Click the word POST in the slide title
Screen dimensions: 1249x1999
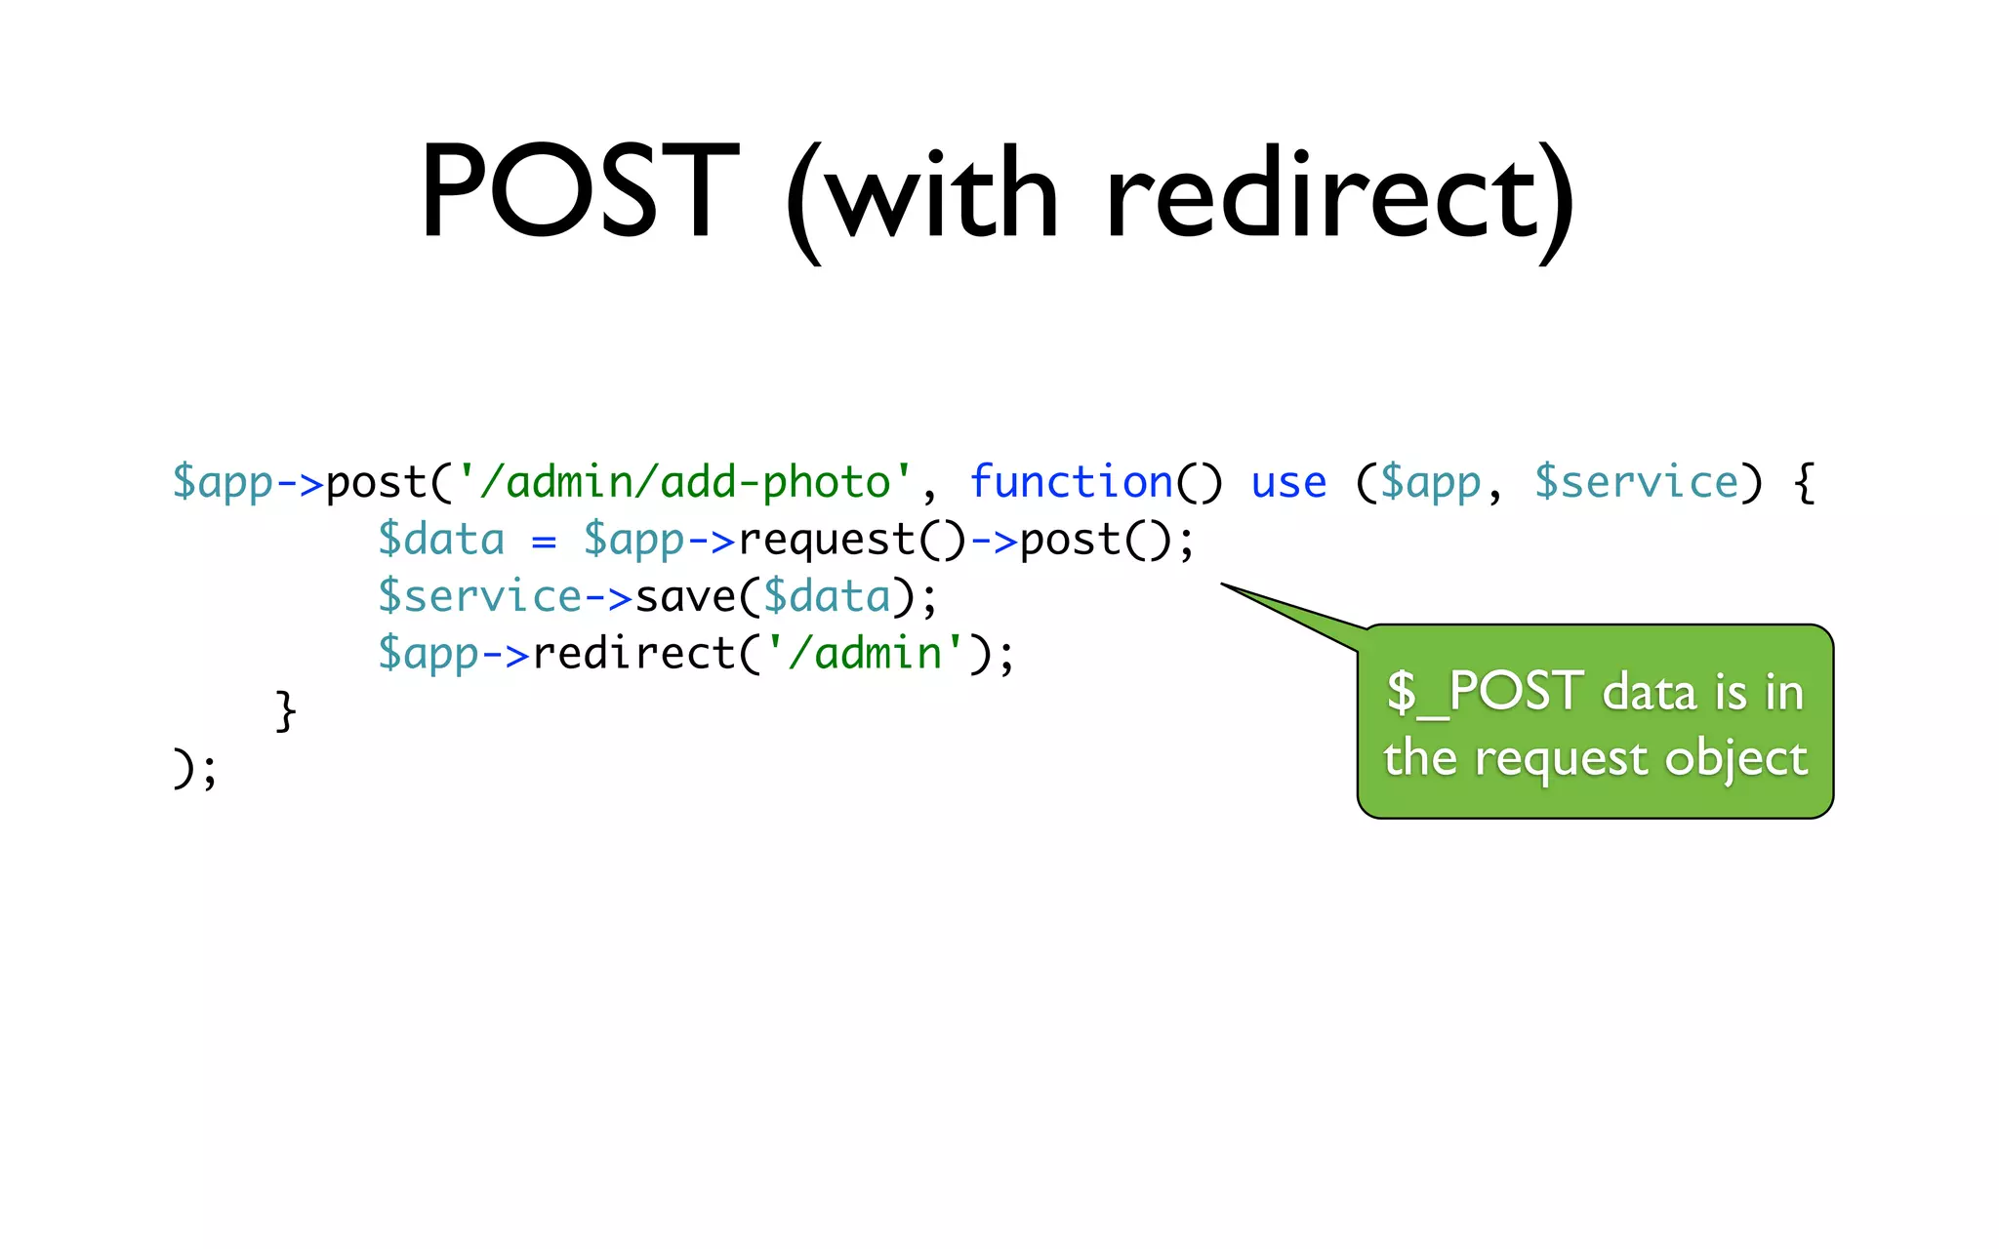tap(578, 191)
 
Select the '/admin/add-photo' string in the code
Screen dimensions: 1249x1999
tap(684, 482)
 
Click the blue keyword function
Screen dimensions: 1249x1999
tap(1071, 482)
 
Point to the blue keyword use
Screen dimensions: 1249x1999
tap(1288, 482)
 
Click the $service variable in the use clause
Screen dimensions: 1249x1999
tap(1636, 482)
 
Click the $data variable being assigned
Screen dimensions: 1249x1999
tap(441, 540)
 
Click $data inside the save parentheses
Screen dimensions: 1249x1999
tap(827, 597)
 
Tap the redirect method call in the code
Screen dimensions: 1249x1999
tap(633, 654)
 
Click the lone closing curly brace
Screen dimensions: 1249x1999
tap(285, 710)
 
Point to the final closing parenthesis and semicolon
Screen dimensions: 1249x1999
tap(194, 769)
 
